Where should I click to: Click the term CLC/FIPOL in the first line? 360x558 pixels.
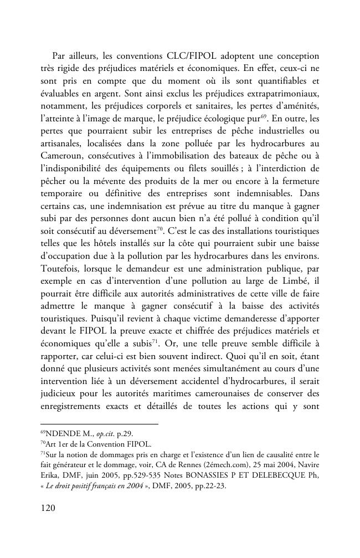click(188, 56)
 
